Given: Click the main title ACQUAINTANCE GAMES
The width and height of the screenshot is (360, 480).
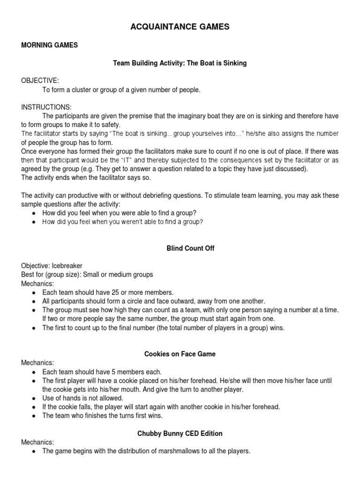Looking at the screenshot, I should [180, 27].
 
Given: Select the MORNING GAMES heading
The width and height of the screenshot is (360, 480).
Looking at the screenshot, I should [49, 45].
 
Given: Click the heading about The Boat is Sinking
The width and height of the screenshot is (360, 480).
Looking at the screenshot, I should [180, 63].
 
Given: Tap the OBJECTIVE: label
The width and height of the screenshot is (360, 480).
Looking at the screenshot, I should [40, 81].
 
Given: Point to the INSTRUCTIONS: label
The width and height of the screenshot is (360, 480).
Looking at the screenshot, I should [46, 107].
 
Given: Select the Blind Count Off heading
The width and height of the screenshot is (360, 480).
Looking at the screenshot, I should [190, 248].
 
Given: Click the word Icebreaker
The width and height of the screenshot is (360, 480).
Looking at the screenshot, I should [70, 266].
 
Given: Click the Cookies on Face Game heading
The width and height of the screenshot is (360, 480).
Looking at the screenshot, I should [180, 354].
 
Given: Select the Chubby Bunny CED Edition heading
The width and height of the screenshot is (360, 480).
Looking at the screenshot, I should [180, 434].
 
